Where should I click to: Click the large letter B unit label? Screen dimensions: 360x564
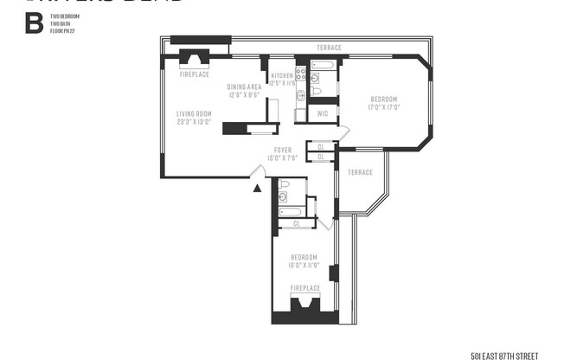pos(34,22)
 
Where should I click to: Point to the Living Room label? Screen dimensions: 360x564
pos(194,113)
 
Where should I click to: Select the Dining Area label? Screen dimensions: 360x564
pos(244,87)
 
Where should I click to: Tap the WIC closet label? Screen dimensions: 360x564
pos(322,113)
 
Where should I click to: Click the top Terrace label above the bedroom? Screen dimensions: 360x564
pos(329,48)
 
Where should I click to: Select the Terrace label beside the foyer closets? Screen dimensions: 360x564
pos(360,172)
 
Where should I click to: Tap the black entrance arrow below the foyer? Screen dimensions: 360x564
pos(256,187)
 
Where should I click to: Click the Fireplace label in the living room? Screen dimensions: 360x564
pos(194,74)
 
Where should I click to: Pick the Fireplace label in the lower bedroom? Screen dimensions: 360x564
pos(304,287)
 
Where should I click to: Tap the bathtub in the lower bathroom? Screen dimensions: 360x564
pos(290,210)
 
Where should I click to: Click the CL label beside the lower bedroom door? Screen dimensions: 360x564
pos(297,223)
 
